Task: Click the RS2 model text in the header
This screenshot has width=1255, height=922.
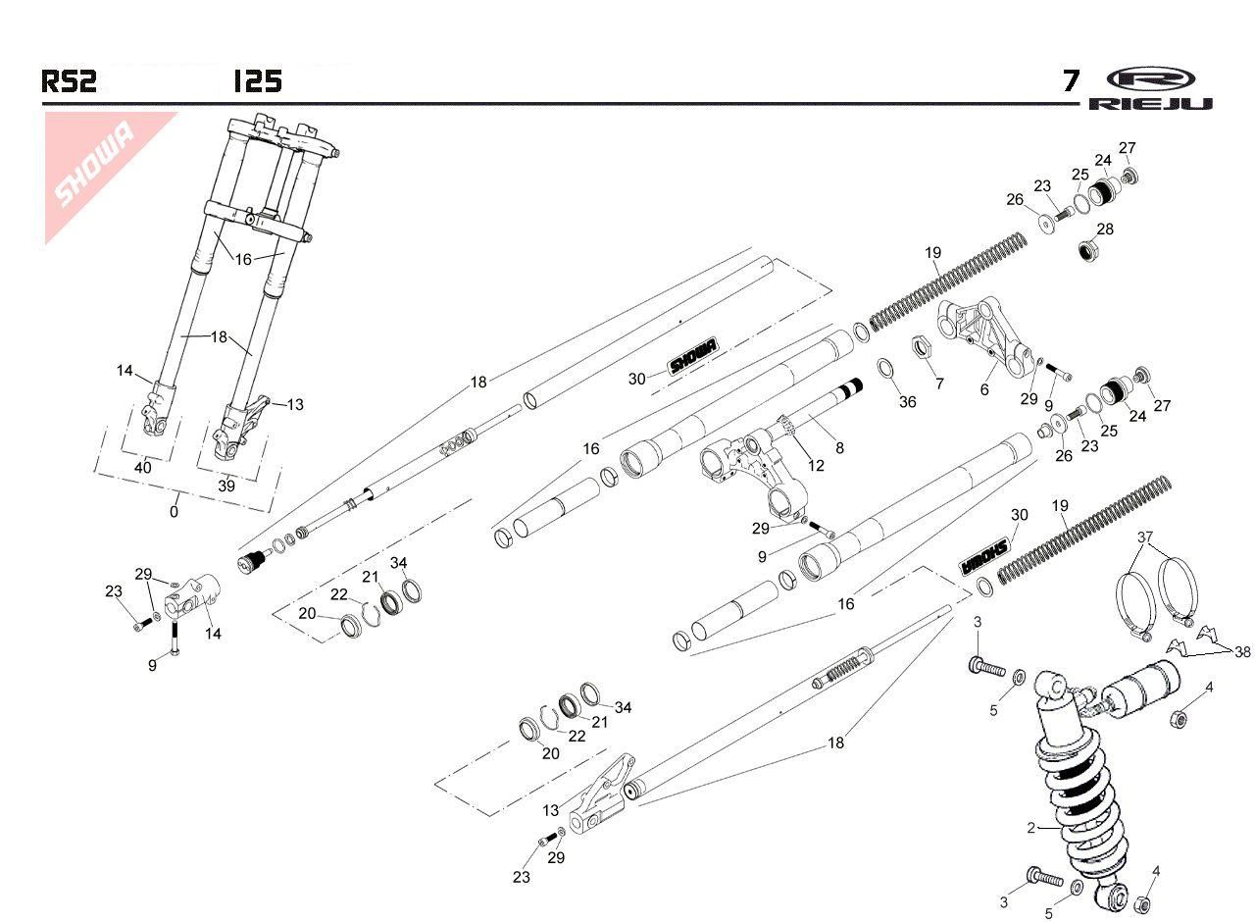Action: point(69,81)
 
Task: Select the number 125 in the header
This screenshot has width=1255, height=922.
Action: point(258,81)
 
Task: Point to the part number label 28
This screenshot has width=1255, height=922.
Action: point(1105,230)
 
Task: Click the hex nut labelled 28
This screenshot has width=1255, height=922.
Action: point(1086,251)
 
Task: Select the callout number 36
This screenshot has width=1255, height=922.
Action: point(908,402)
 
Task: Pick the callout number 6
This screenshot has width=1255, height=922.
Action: point(985,389)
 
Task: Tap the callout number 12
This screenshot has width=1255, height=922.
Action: point(816,466)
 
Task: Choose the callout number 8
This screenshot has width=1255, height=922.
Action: point(839,448)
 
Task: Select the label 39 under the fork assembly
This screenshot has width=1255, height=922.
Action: point(226,487)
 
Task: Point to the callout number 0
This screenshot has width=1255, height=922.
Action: point(175,511)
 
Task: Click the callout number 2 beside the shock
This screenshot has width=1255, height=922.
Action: point(1030,828)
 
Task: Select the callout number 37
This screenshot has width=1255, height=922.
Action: point(1146,538)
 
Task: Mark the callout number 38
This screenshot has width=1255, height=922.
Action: point(1242,651)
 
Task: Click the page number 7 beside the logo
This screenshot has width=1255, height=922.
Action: point(1072,81)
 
